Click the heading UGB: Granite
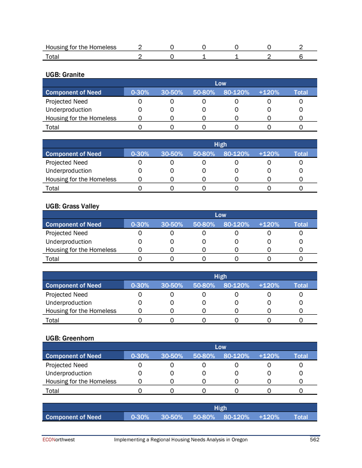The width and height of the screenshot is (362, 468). pyautogui.click(x=65, y=74)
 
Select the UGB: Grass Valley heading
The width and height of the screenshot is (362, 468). pyautogui.click(x=72, y=206)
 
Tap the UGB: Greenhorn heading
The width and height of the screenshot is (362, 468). pyautogui.click(x=70, y=338)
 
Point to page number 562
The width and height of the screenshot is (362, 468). pyautogui.click(x=314, y=440)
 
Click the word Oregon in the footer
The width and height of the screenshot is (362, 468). pyautogui.click(x=238, y=440)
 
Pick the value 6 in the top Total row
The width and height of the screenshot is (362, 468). pyautogui.click(x=301, y=57)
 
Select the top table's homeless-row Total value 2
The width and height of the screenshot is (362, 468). pyautogui.click(x=301, y=47)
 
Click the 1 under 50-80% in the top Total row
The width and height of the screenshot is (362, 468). pyautogui.click(x=204, y=57)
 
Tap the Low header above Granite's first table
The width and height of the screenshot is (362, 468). pyautogui.click(x=220, y=83)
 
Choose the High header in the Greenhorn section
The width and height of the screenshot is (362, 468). pyautogui.click(x=220, y=408)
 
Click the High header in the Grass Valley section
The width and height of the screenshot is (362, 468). pyautogui.click(x=220, y=276)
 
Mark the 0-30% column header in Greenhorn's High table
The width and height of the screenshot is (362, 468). pyautogui.click(x=140, y=417)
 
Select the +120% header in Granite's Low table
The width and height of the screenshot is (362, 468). pyautogui.click(x=269, y=92)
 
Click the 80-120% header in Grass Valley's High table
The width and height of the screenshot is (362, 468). pyautogui.click(x=236, y=285)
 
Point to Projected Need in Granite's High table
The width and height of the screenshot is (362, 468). pyautogui.click(x=67, y=162)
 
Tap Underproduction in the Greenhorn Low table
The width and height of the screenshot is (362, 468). pyautogui.click(x=68, y=373)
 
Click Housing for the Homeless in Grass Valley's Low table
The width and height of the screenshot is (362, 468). pyautogui.click(x=81, y=250)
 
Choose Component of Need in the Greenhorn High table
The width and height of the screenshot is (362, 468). pyautogui.click(x=73, y=417)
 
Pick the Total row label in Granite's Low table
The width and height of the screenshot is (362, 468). pyautogui.click(x=52, y=127)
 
